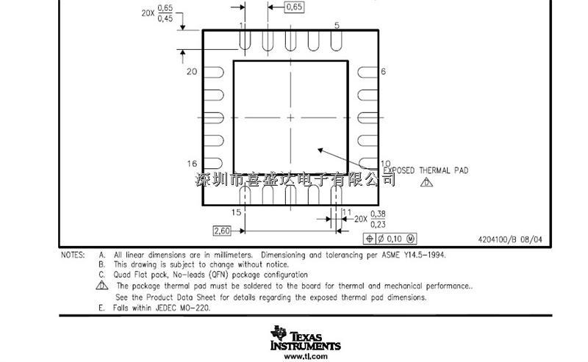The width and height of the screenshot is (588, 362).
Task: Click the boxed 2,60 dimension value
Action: (x=222, y=231)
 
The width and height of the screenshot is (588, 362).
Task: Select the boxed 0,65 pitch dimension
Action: (x=294, y=7)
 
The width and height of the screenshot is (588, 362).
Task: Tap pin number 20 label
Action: (x=192, y=71)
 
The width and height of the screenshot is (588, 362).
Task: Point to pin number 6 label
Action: (x=383, y=71)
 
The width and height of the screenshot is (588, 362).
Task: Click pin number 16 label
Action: (x=192, y=164)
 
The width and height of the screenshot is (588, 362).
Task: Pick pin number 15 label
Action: (x=236, y=212)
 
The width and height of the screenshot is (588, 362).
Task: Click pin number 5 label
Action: (x=337, y=25)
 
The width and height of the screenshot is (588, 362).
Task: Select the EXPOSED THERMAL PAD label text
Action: (x=426, y=170)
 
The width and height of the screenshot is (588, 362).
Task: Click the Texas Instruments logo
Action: (x=305, y=338)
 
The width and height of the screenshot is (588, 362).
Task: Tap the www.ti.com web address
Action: (x=306, y=356)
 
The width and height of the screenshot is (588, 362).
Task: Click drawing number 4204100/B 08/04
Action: (x=510, y=239)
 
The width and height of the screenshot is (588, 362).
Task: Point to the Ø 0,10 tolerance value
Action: (x=390, y=239)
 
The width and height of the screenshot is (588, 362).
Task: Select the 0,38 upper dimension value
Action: (x=378, y=214)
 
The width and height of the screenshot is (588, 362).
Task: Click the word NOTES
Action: (x=73, y=256)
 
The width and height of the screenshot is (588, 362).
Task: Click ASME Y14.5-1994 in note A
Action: (x=414, y=256)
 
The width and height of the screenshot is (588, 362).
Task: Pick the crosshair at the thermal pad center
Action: (x=290, y=117)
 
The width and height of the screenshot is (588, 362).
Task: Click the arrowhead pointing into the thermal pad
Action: (x=320, y=151)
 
